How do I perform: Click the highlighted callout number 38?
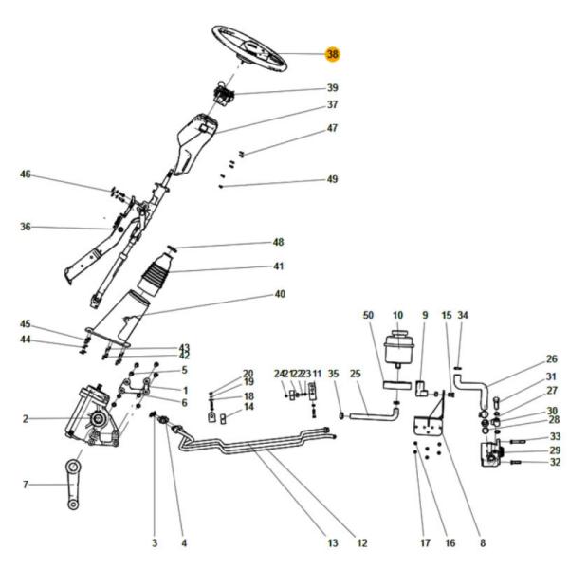click(x=332, y=55)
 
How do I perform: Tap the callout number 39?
click(x=333, y=88)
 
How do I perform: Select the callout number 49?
click(x=333, y=179)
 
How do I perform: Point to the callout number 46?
click(x=26, y=174)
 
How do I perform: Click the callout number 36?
click(x=26, y=227)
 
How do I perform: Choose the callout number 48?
click(x=278, y=242)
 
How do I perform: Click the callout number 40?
click(x=280, y=294)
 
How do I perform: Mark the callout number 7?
click(x=26, y=486)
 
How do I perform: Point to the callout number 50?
click(x=370, y=314)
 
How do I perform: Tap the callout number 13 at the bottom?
click(x=333, y=543)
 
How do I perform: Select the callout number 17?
click(x=424, y=543)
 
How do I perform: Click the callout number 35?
click(x=333, y=375)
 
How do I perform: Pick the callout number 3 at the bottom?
click(x=155, y=543)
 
